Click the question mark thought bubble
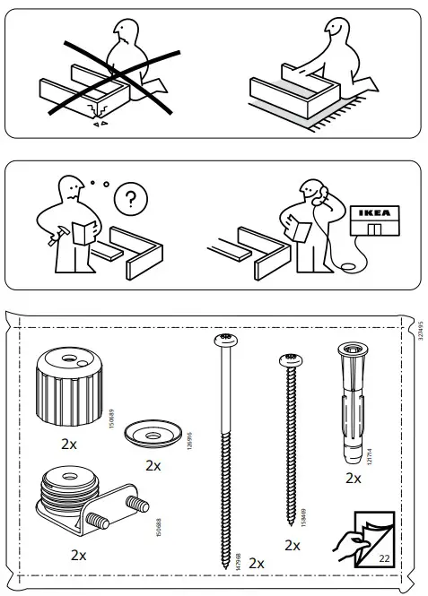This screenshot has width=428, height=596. click(133, 199)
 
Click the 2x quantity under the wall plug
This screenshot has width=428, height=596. click(354, 479)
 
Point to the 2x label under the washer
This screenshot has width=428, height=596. click(153, 465)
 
